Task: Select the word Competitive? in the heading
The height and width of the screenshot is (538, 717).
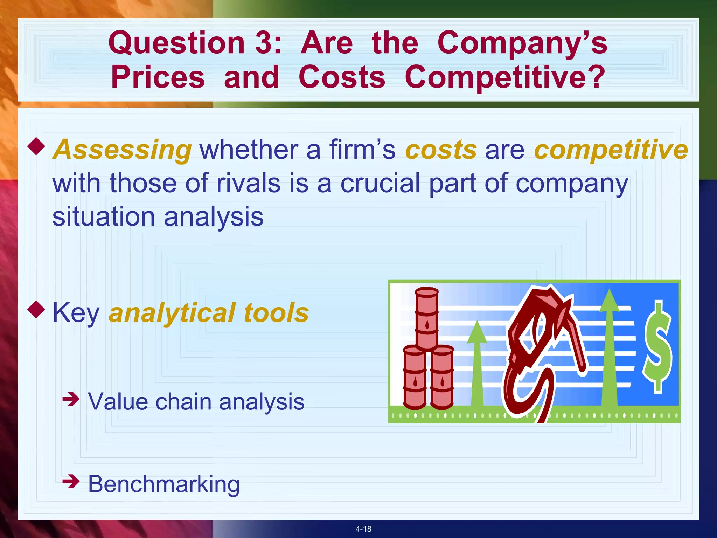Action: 504,77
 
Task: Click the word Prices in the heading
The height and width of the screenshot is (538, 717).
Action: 158,77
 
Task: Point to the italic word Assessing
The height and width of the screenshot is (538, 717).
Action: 122,150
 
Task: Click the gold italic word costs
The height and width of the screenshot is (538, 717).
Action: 441,150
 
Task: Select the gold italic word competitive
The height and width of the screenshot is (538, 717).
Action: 611,150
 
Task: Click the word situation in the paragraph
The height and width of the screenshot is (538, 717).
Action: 104,216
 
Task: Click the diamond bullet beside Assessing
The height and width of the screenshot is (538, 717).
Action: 36,146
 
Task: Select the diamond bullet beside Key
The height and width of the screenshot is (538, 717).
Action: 36,309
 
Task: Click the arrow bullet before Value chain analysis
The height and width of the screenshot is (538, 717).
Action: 71,399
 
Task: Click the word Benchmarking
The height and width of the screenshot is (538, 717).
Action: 163,484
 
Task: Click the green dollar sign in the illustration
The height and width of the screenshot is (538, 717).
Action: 657,347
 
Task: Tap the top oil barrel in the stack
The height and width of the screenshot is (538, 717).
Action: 427,317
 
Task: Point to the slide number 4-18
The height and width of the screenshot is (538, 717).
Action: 363,529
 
